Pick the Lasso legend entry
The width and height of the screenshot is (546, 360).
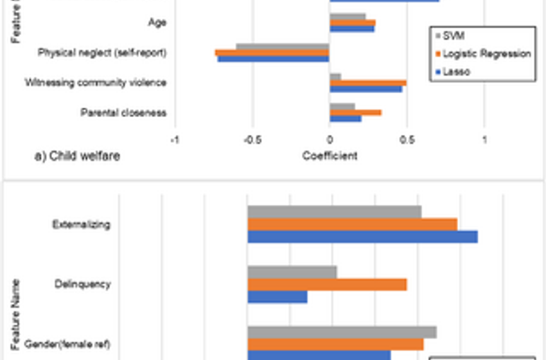click(x=456, y=71)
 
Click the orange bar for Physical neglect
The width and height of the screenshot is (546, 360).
click(x=272, y=53)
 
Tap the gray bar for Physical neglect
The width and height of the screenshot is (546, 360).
click(x=283, y=46)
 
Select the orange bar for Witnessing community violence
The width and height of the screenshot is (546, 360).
click(x=367, y=82)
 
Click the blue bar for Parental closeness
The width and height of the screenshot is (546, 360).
click(x=346, y=119)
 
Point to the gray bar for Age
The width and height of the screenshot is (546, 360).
click(x=348, y=16)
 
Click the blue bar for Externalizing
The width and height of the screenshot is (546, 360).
click(x=362, y=237)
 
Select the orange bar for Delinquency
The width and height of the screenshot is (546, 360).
click(x=327, y=284)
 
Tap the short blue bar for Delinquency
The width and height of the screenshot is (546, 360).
click(x=277, y=296)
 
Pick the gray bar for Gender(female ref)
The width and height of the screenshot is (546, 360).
click(x=342, y=332)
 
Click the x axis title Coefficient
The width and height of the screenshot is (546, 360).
click(x=330, y=156)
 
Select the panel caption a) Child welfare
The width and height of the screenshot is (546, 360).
click(x=77, y=156)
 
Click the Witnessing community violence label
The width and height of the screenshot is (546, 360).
click(x=96, y=82)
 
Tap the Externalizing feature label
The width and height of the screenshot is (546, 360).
click(x=82, y=224)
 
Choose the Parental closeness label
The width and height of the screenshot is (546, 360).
click(x=123, y=113)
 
